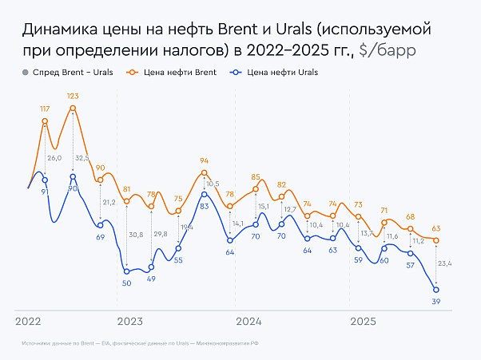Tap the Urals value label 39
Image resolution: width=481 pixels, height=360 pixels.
point(436,301)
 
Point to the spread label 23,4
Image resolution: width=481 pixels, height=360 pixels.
point(445,263)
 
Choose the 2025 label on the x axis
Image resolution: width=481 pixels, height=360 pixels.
point(364,322)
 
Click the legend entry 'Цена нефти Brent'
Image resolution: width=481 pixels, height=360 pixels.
point(167,73)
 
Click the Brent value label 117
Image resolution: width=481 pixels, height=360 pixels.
point(45,109)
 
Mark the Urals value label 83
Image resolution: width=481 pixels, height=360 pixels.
point(205,206)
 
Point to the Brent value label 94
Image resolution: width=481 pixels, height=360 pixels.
point(204,160)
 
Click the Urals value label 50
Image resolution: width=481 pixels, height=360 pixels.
point(127,283)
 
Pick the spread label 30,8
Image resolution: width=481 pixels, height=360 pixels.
point(136,234)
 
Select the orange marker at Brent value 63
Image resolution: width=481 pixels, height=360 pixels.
point(436,240)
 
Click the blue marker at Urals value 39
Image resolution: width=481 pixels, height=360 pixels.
point(436,290)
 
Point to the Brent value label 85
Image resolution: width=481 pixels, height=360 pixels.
point(256,177)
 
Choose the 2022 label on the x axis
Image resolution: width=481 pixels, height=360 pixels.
point(30,322)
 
